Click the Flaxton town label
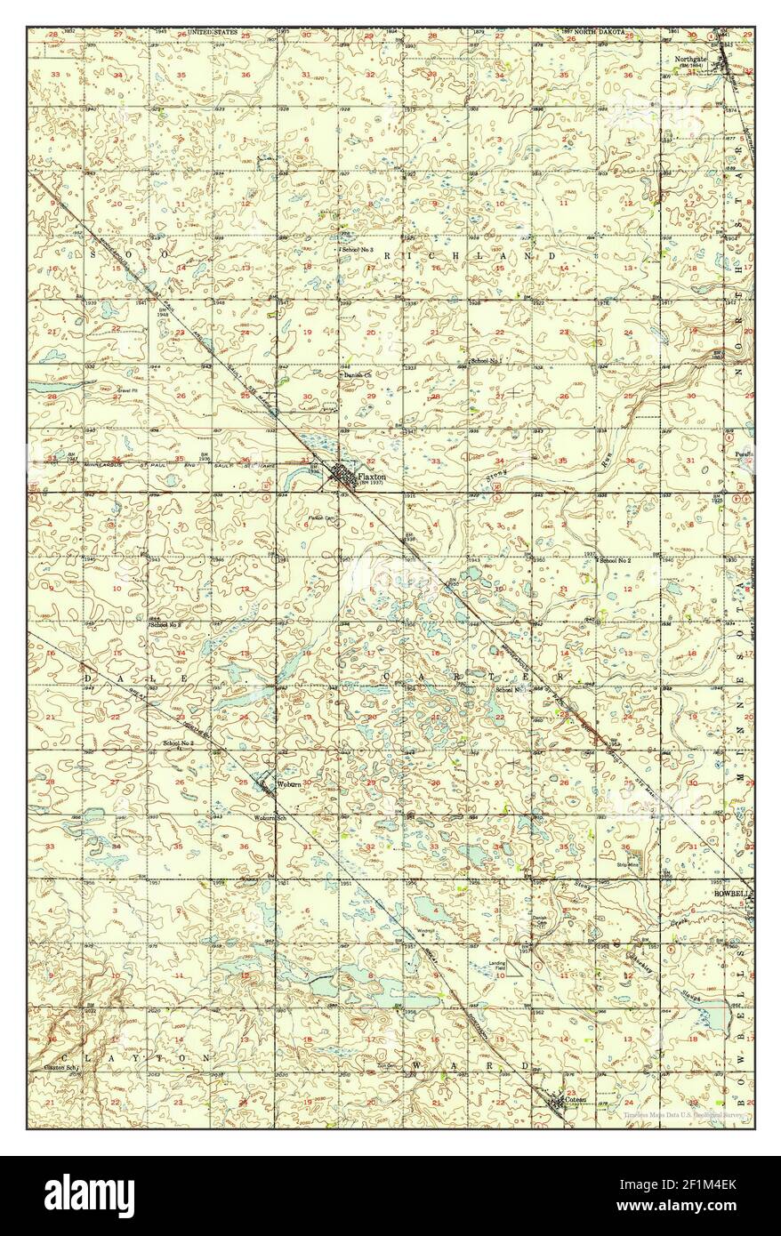tap(371, 478)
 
